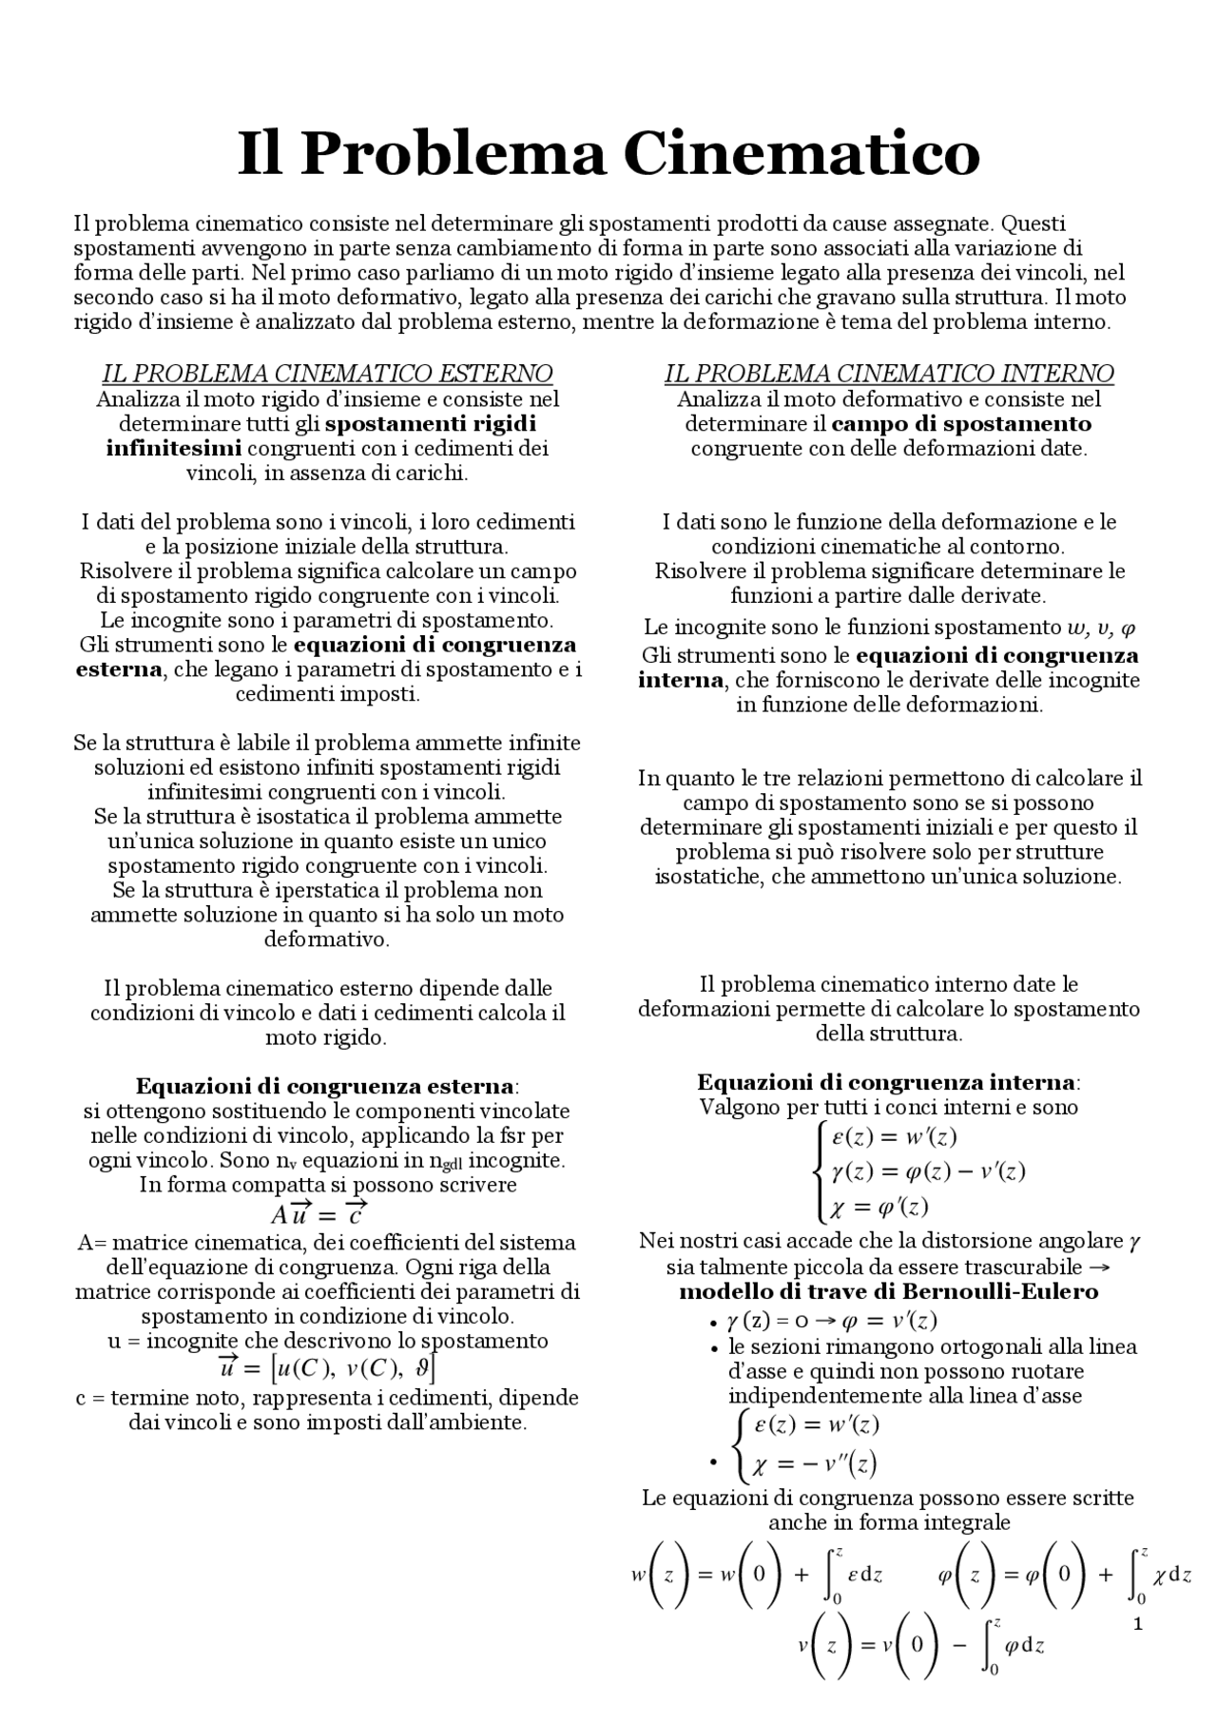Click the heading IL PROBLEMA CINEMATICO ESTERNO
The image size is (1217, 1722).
coord(327,374)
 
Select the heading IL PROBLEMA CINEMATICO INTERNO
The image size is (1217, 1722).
coord(889,374)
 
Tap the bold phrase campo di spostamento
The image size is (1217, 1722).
coord(961,423)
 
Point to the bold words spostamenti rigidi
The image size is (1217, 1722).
coord(437,423)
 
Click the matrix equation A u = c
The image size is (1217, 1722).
coord(319,1214)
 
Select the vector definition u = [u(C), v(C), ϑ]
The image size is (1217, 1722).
coord(327,1368)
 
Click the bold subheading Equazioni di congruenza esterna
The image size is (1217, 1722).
coord(326,1086)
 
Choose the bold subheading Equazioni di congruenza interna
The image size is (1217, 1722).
coord(887,1082)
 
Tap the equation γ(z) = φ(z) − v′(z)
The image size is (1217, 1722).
coord(928,1171)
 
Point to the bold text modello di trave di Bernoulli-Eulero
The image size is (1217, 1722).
coord(888,1291)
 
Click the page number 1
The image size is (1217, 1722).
coord(1137,1623)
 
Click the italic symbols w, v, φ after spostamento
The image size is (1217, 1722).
coord(1102,628)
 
